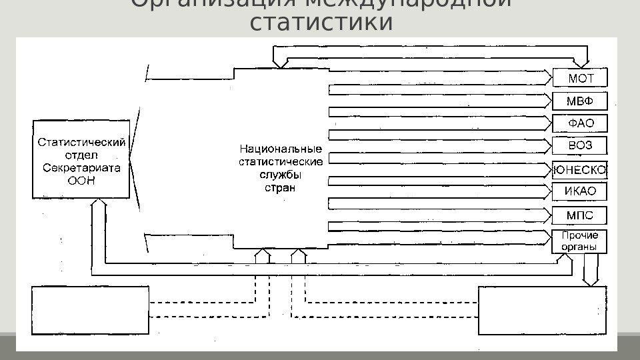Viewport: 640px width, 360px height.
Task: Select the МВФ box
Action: coord(580,101)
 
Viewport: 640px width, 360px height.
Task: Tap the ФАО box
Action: coord(580,123)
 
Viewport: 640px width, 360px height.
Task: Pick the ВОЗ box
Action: coord(580,146)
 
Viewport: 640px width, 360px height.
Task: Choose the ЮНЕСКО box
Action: coord(580,170)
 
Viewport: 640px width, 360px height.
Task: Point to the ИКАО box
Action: coord(580,192)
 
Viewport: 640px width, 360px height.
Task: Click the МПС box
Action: coord(580,215)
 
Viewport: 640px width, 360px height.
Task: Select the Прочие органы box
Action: coord(580,241)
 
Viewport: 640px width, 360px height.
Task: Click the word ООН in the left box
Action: coord(81,179)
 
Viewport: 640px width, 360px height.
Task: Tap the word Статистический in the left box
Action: coord(81,142)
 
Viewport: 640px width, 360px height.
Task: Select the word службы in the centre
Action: coord(280,175)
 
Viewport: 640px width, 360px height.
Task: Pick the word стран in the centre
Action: coord(276,187)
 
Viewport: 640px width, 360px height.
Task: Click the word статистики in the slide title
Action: coord(321,22)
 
